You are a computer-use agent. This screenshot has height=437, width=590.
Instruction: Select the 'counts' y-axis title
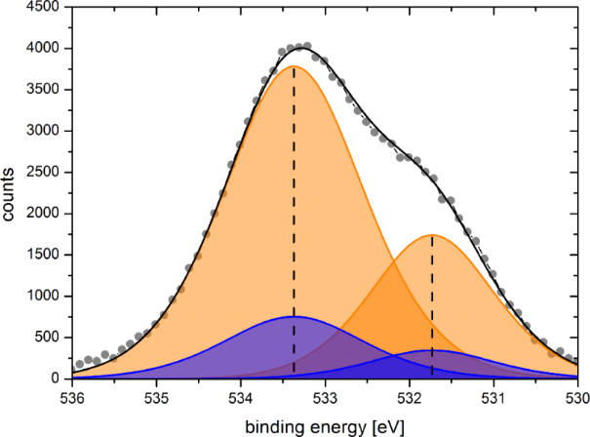[x=11, y=193]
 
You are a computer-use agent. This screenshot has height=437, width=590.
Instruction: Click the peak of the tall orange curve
[x=295, y=67]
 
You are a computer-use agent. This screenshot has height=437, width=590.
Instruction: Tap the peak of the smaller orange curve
[x=432, y=235]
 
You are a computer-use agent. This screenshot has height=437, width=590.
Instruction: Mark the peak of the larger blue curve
[x=295, y=317]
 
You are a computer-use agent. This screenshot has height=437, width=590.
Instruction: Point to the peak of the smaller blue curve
[x=433, y=350]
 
